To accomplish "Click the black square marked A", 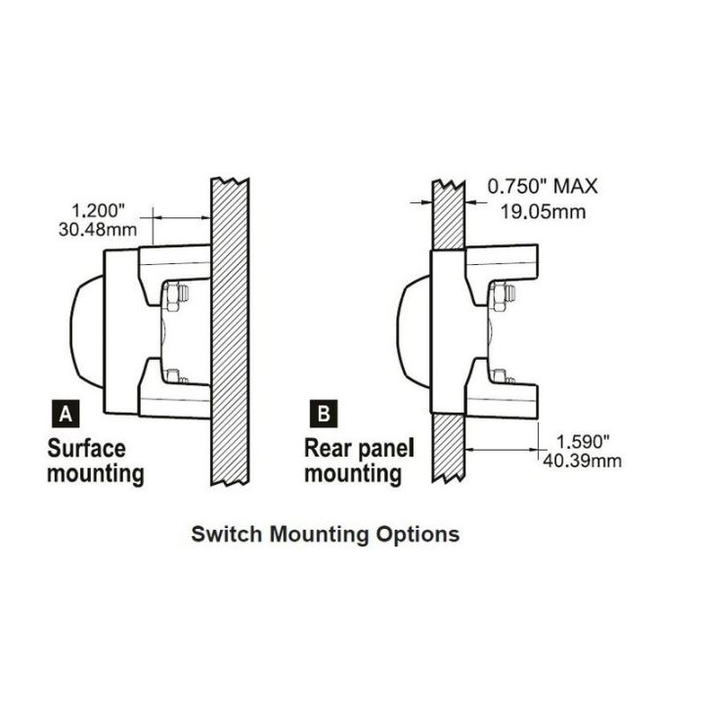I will point(66,416).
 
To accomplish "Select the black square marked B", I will point(323,416).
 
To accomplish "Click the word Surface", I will point(87,450).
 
